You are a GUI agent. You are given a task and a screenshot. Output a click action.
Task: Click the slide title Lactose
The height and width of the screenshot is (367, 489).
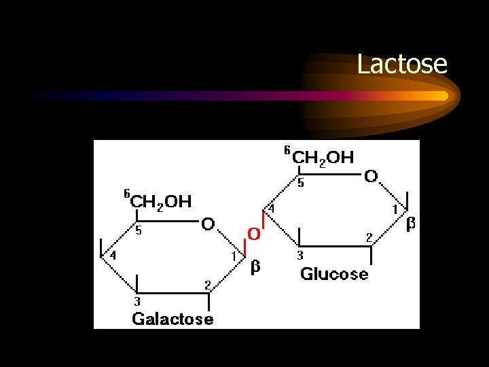coord(402,65)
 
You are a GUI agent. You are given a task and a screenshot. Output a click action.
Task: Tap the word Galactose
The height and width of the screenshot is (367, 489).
coord(173,318)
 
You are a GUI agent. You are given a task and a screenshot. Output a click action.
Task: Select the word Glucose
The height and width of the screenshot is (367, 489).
coord(334,274)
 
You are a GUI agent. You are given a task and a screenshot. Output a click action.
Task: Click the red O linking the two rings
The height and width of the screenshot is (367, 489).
coord(253,234)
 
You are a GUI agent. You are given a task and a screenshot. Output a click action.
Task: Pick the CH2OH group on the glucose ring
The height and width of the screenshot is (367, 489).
coord(323,158)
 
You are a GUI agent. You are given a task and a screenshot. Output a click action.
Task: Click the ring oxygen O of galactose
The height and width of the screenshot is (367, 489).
coord(208,224)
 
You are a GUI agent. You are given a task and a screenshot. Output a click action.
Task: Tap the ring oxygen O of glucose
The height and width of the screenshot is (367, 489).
coord(371,177)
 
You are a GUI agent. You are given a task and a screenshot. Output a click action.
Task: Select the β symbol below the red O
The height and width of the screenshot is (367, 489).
coord(255,267)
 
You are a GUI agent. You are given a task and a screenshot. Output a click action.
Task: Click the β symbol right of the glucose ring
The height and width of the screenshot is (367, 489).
coord(410,224)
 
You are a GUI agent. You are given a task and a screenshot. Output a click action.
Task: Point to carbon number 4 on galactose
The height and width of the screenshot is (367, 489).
coord(113,256)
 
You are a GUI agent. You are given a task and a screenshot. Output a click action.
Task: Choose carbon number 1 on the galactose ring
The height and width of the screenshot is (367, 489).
coord(234,256)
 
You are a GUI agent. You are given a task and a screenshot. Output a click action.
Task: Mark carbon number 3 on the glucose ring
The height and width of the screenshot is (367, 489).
coord(300,256)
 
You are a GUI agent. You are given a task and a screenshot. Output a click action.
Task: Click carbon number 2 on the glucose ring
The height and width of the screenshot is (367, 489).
coord(369,237)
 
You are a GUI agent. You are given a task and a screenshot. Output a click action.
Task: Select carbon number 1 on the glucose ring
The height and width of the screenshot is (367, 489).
coord(395,210)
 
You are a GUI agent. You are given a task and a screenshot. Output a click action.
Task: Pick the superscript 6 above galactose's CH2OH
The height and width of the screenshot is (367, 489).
coord(126,193)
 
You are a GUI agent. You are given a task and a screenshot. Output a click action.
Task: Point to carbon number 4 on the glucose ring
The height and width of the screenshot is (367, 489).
coord(271,208)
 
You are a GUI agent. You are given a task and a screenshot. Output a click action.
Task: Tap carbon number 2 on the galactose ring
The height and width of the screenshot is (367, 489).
coord(208,283)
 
